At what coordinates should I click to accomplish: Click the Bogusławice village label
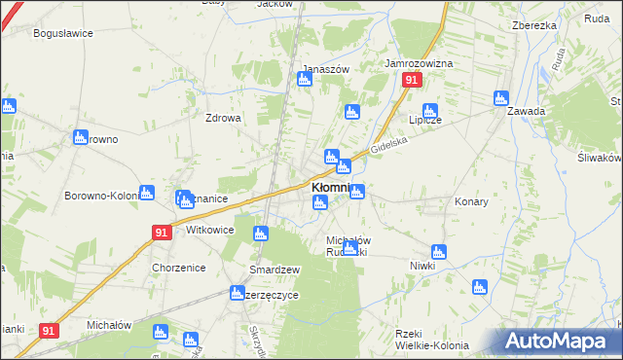click(62, 33)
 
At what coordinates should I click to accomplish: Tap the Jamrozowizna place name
click(419, 63)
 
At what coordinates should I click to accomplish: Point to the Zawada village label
click(526, 111)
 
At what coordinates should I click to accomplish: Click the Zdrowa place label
click(222, 118)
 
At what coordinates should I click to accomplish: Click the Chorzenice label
click(176, 267)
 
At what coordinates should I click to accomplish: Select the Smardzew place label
click(275, 269)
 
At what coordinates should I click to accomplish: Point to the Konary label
click(471, 201)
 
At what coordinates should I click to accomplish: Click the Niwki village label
click(422, 265)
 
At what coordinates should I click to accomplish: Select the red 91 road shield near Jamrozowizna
click(413, 81)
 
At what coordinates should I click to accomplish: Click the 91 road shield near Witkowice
click(162, 232)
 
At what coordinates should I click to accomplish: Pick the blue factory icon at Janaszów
click(304, 79)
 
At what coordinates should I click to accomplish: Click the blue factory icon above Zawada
click(500, 97)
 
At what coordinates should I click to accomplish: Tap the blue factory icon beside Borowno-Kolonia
click(146, 193)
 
